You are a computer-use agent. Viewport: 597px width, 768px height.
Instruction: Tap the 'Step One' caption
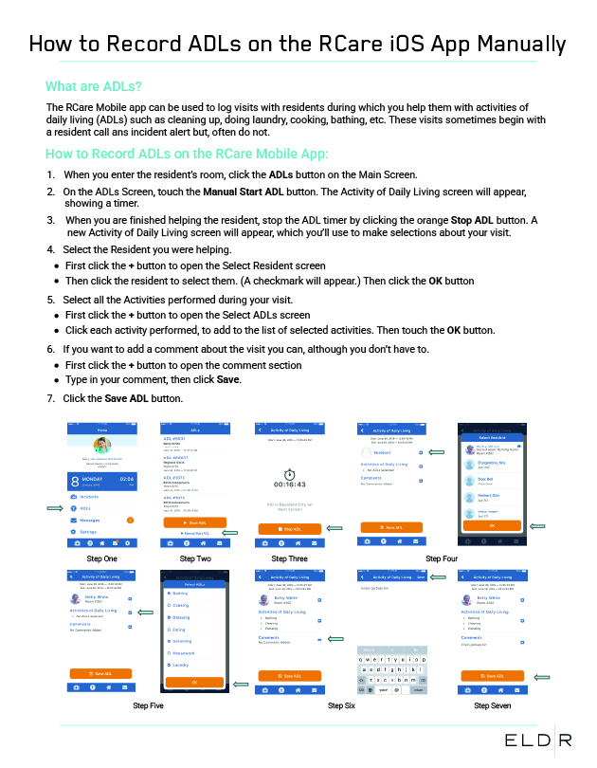pos(101,559)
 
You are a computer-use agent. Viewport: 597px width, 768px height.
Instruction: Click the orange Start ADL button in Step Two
pos(194,522)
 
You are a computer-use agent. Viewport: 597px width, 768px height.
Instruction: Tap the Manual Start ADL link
pos(194,533)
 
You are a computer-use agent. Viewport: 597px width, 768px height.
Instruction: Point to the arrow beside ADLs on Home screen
pos(56,508)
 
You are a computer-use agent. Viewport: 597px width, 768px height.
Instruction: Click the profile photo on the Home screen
pos(101,446)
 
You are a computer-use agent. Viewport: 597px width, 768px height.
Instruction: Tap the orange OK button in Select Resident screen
pos(491,525)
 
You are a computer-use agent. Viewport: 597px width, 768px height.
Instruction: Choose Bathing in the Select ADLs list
pos(180,593)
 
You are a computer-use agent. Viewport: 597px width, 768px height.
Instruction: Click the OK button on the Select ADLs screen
pos(194,682)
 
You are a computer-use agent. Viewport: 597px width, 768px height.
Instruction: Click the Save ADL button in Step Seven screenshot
pos(491,676)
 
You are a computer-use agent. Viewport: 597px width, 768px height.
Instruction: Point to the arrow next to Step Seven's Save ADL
pos(541,677)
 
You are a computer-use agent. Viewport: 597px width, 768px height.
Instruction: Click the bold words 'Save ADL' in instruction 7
pos(127,398)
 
